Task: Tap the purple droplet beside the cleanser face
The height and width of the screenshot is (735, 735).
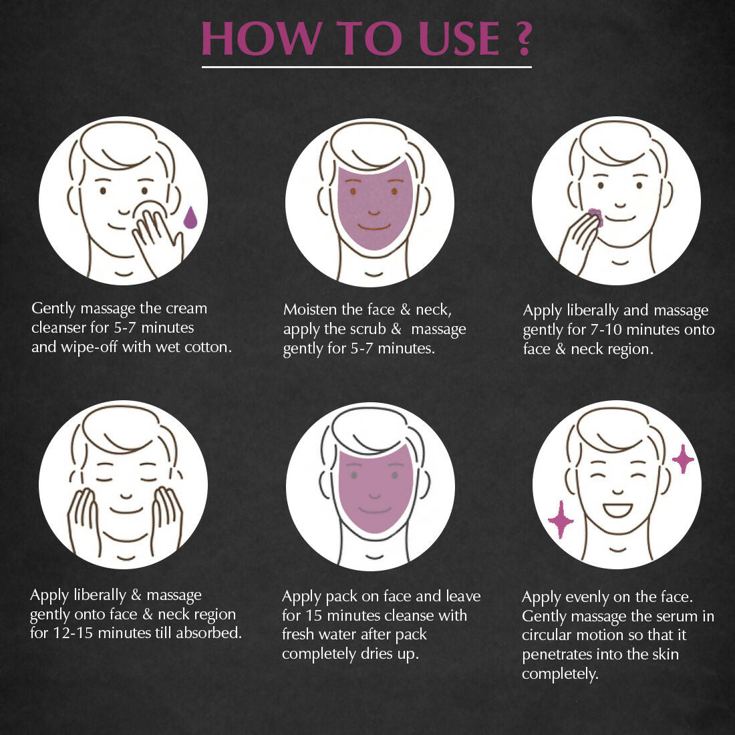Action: pos(190,217)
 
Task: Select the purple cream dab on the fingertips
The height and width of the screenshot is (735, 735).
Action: pos(594,215)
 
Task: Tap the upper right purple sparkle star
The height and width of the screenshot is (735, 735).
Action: pos(682,459)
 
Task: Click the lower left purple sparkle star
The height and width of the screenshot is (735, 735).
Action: pos(561,519)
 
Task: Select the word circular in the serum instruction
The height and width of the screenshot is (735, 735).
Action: pos(547,635)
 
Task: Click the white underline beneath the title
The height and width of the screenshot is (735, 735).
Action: pos(367,67)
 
